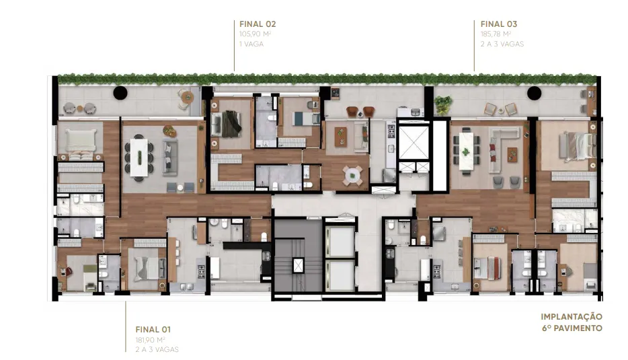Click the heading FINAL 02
click(x=258, y=24)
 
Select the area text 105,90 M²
click(x=255, y=34)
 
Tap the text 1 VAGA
click(x=251, y=44)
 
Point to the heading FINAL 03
click(x=499, y=24)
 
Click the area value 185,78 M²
click(x=496, y=34)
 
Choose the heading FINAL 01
click(x=153, y=330)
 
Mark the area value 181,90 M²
click(x=150, y=340)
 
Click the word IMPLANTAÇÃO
click(x=572, y=317)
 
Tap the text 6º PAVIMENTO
click(x=572, y=328)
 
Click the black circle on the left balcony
click(x=120, y=93)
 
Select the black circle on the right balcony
click(x=535, y=94)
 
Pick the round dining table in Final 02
click(x=352, y=175)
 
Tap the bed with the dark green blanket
click(x=227, y=123)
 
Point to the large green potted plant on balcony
click(x=443, y=104)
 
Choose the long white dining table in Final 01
click(x=139, y=157)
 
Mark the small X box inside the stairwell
click(x=299, y=265)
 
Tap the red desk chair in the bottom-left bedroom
click(x=69, y=271)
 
